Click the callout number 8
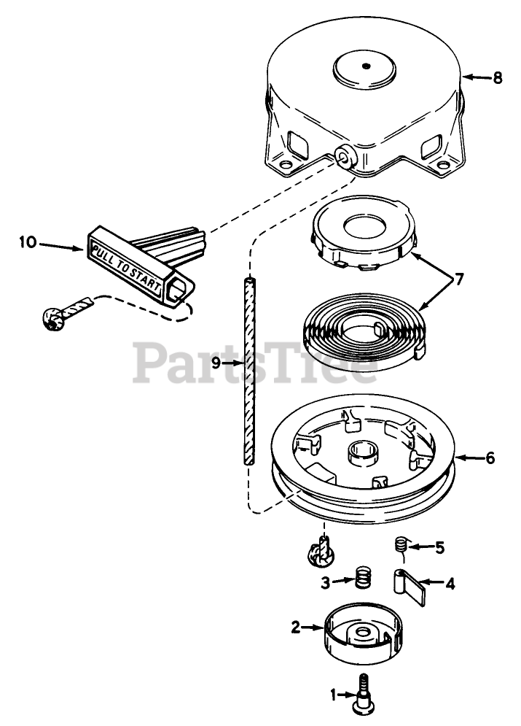point(498,78)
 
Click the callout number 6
point(490,458)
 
